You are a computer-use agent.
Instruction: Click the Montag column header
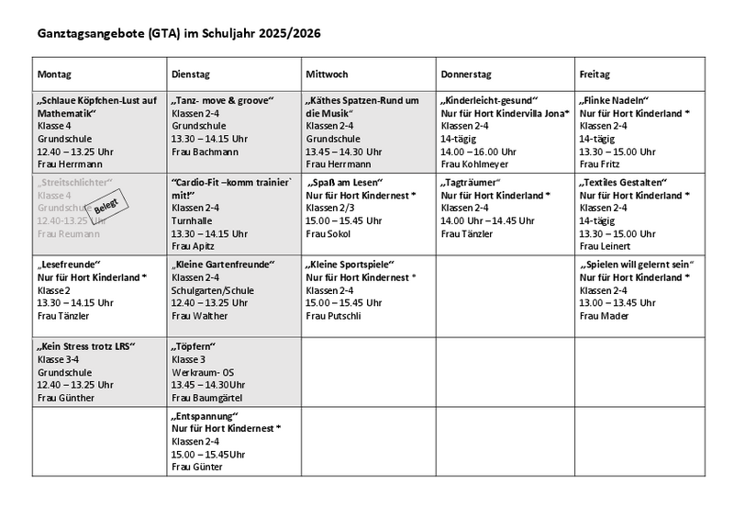pyautogui.click(x=54, y=73)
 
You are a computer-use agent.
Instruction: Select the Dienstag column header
pyautogui.click(x=190, y=73)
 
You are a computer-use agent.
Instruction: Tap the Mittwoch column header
pyautogui.click(x=327, y=73)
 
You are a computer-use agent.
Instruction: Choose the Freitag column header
pyautogui.click(x=595, y=73)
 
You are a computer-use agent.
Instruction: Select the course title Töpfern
pyautogui.click(x=192, y=347)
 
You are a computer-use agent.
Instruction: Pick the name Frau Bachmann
pyautogui.click(x=205, y=152)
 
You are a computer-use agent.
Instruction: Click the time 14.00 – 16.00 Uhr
pyautogui.click(x=479, y=152)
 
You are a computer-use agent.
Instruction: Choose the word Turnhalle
pyautogui.click(x=192, y=221)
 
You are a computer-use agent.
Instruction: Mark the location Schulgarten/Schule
pyautogui.click(x=213, y=290)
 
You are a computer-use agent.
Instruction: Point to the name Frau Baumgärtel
pyautogui.click(x=210, y=398)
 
